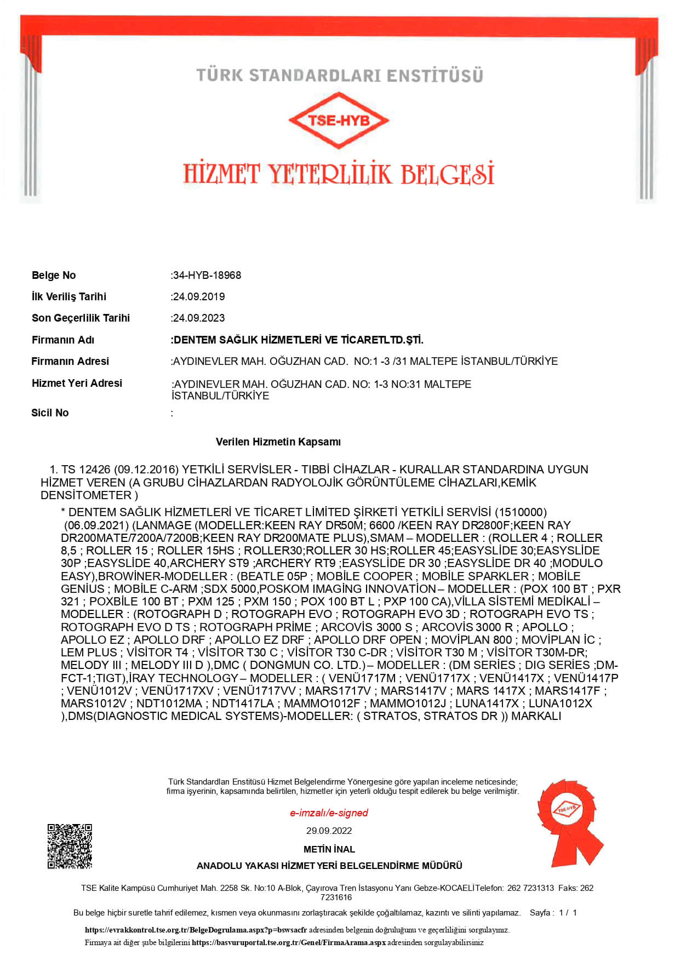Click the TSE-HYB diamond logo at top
click(x=339, y=120)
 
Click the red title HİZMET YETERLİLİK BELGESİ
click(x=339, y=174)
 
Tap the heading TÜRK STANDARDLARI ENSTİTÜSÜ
click(x=340, y=75)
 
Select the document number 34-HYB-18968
click(x=207, y=275)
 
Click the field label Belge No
click(x=54, y=275)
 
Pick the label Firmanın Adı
click(x=63, y=340)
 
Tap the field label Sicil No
click(x=50, y=413)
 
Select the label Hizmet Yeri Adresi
click(x=77, y=383)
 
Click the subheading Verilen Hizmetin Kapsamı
click(x=278, y=442)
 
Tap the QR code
click(x=70, y=846)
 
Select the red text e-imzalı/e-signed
click(x=329, y=813)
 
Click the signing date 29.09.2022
click(x=329, y=831)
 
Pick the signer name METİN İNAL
click(x=329, y=849)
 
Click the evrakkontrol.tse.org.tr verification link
click(x=196, y=930)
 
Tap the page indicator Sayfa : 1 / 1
click(x=553, y=913)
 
